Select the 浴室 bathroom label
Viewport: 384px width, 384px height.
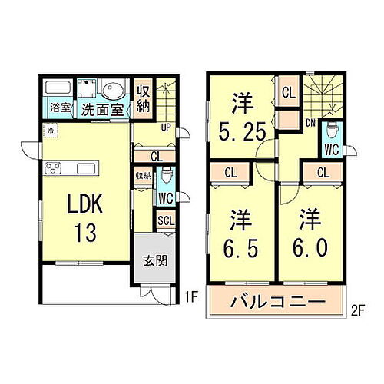[61, 109]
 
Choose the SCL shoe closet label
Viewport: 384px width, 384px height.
[165, 221]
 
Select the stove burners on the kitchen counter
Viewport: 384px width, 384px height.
[55, 167]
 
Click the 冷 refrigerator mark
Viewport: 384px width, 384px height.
[50, 131]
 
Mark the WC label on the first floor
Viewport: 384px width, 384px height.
[165, 198]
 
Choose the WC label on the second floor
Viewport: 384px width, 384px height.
[331, 149]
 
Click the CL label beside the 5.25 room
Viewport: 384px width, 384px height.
[288, 94]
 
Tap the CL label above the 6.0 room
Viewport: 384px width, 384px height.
[323, 172]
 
